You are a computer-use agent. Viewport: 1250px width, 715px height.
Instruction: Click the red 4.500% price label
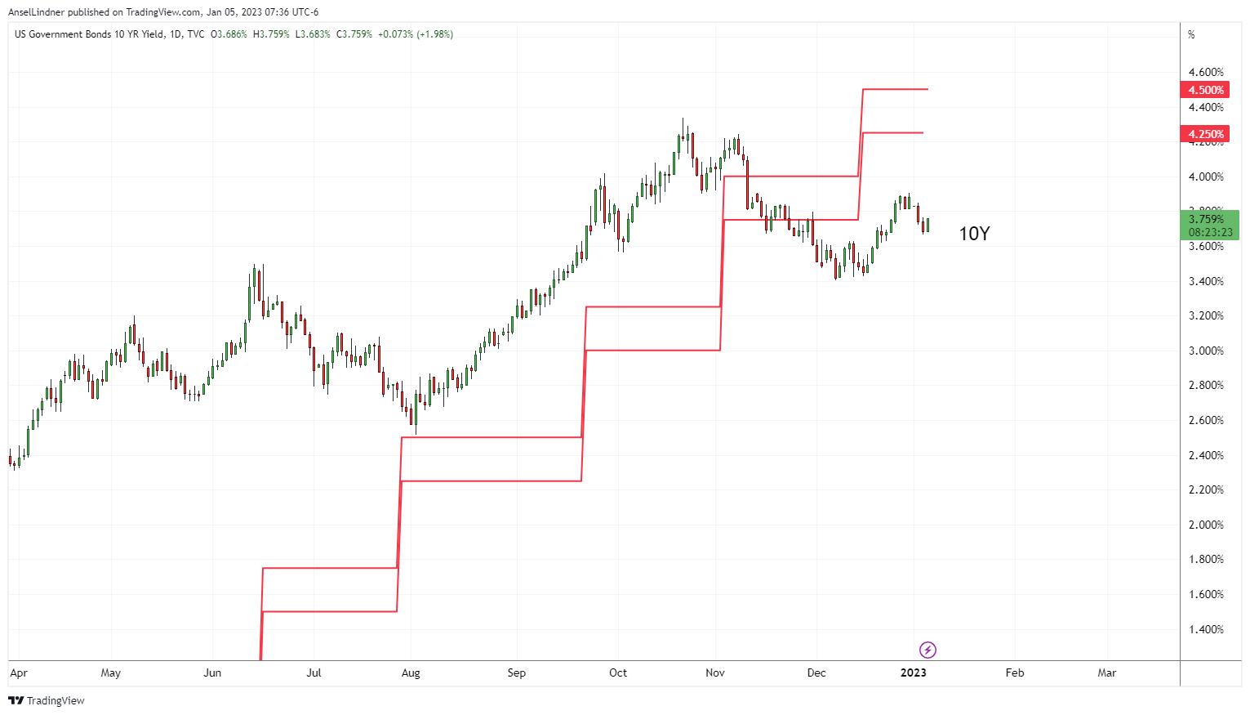point(1205,90)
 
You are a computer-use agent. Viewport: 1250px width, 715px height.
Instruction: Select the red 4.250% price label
point(1205,134)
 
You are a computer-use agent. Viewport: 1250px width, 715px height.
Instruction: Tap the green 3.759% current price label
point(1206,219)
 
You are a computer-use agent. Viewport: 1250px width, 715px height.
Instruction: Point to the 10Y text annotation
point(973,234)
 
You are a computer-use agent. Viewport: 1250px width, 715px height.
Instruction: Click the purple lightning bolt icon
point(927,650)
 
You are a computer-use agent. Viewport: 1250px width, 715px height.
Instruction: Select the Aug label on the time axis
point(411,673)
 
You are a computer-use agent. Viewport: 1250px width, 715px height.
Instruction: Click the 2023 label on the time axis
point(913,673)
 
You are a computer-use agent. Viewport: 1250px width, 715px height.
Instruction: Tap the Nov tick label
point(715,673)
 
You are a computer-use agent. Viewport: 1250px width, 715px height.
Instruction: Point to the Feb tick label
point(1014,673)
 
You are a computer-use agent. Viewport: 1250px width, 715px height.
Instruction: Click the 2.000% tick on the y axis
point(1206,525)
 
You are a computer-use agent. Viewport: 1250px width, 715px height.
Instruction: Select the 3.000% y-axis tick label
point(1206,351)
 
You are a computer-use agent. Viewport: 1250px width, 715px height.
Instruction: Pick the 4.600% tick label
point(1206,72)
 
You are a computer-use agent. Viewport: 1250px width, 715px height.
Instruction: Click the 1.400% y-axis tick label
point(1206,629)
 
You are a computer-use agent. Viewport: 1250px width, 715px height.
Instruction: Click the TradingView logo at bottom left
point(47,700)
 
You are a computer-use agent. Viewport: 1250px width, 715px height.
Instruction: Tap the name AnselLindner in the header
point(36,12)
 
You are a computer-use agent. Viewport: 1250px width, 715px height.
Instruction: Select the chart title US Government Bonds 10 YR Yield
point(89,34)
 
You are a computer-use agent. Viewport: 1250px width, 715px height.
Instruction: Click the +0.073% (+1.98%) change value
point(416,34)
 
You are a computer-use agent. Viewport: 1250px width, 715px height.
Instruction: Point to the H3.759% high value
point(271,34)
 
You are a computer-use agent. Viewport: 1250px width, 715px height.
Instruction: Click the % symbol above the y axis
point(1191,34)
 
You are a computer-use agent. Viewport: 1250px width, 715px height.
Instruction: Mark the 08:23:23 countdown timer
point(1210,233)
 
